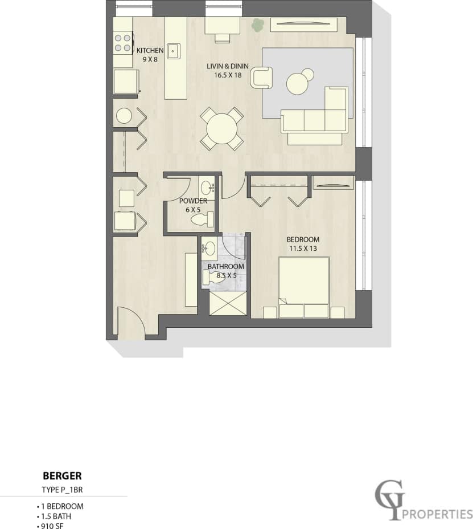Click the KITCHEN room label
click(150, 51)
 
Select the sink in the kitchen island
click(174, 51)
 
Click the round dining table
click(222, 128)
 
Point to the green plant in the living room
click(258, 25)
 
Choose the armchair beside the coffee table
click(261, 78)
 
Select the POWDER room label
click(193, 201)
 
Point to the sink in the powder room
click(207, 186)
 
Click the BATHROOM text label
click(225, 267)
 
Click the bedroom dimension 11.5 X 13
click(302, 248)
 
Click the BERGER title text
click(63, 475)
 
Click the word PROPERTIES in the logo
click(437, 514)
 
